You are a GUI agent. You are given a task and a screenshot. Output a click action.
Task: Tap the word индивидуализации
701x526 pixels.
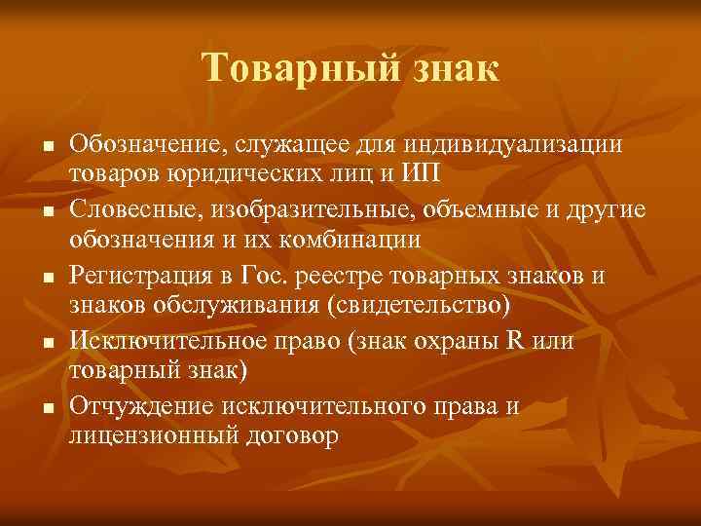click(x=515, y=145)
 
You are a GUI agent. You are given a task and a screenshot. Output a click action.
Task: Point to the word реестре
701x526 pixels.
click(x=314, y=277)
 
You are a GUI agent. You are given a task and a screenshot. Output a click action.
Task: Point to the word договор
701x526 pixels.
click(x=289, y=436)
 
